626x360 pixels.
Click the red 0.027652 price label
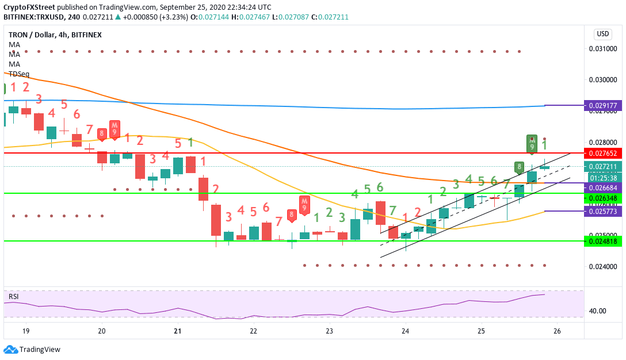tap(602, 154)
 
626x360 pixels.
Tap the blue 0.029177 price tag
tap(602, 106)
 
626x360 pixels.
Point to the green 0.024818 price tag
tap(602, 242)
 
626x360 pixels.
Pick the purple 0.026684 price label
tap(602, 188)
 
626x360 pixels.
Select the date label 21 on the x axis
tap(177, 331)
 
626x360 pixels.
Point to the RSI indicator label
tap(13, 297)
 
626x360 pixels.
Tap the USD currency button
tap(603, 34)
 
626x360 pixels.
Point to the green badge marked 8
tap(519, 167)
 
